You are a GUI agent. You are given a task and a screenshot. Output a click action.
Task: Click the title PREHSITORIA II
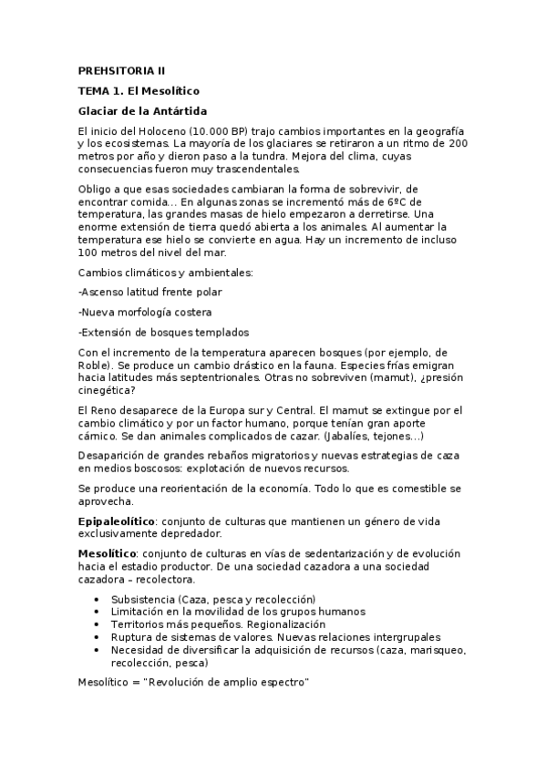pyautogui.click(x=120, y=70)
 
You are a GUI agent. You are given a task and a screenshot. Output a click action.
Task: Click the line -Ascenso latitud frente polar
pyautogui.click(x=150, y=292)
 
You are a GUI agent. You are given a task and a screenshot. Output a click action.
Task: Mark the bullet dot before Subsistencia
pyautogui.click(x=98, y=599)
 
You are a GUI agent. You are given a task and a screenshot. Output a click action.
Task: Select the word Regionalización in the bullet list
pyautogui.click(x=260, y=624)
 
